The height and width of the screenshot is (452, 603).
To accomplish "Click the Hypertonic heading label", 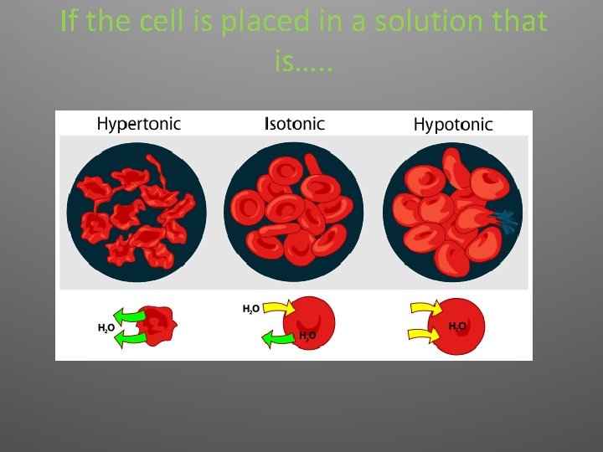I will [x=138, y=124].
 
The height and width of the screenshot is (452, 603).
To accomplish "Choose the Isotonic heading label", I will [x=294, y=124].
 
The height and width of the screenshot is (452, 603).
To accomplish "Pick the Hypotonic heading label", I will [x=453, y=125].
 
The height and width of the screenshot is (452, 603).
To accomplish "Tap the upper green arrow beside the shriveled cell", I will [x=130, y=316].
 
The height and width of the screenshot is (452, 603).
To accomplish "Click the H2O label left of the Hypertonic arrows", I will [x=106, y=328].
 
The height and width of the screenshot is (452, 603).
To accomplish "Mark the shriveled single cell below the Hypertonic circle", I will [x=157, y=326].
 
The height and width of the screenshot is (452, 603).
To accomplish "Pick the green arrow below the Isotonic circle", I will [x=278, y=337].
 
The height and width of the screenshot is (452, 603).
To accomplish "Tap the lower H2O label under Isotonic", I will [x=307, y=336].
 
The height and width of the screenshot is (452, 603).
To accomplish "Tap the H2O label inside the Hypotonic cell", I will [x=458, y=326].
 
